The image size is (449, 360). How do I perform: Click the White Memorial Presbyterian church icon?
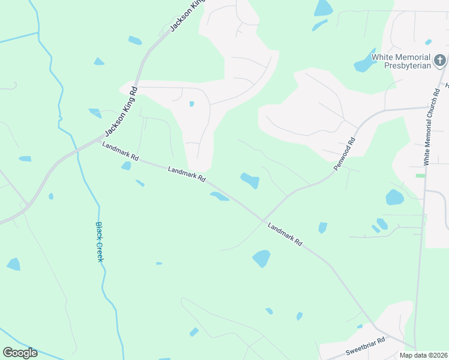(x=440, y=60)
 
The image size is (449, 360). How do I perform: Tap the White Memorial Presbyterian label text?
(x=402, y=61)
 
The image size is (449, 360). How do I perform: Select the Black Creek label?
(x=99, y=241)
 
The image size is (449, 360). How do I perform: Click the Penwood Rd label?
(x=345, y=154)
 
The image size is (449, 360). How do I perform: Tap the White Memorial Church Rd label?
(x=431, y=126)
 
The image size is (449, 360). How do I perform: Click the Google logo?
(x=20, y=352)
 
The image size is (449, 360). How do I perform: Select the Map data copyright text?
(x=423, y=355)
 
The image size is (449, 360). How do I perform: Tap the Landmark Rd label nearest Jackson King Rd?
(x=120, y=152)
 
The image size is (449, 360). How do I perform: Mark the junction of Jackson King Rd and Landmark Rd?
(x=96, y=140)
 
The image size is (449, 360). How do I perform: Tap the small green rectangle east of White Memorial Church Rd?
(x=420, y=175)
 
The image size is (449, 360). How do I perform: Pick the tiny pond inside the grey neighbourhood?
(x=191, y=104)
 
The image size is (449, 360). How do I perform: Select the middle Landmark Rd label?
(x=187, y=175)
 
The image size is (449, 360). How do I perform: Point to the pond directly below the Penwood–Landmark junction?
(x=261, y=258)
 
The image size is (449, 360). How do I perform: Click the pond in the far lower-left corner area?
(x=13, y=264)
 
